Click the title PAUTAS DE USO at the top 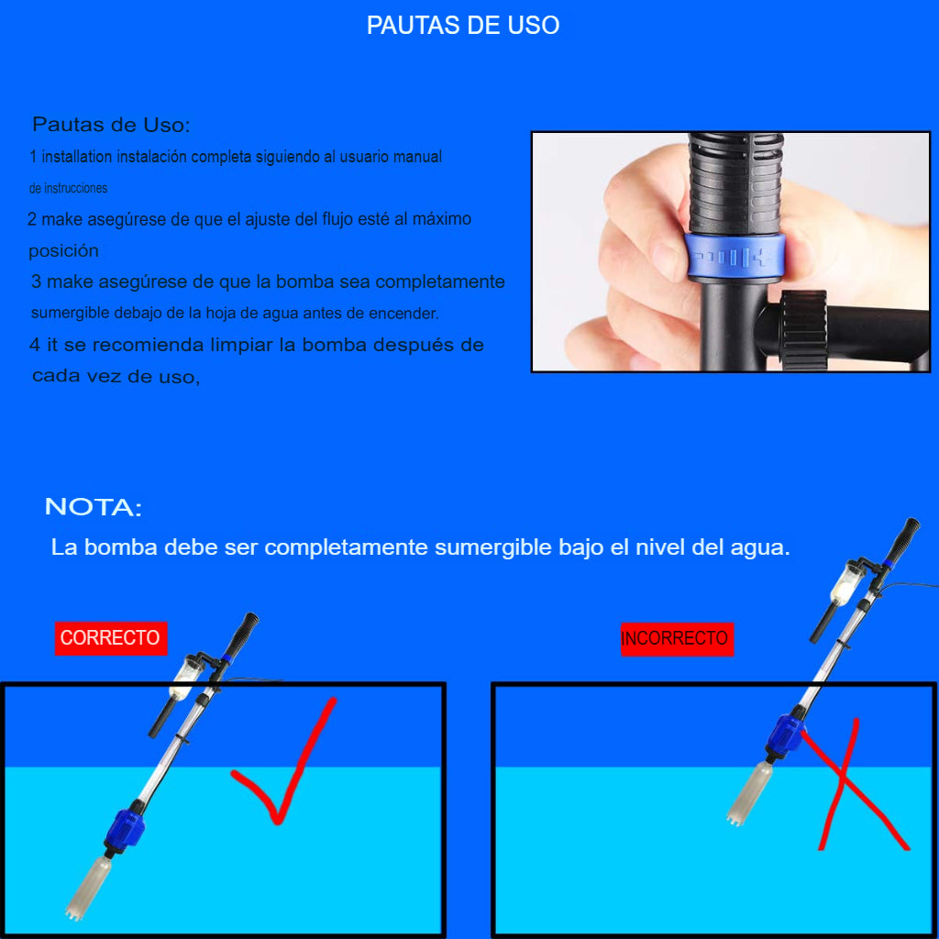click(463, 25)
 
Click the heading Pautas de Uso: click(111, 125)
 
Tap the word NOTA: click(94, 506)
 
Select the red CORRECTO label click(111, 638)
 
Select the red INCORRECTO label click(677, 639)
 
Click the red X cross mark click(854, 785)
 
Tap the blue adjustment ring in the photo click(735, 257)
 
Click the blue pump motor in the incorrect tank click(786, 735)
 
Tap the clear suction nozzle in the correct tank click(88, 889)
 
